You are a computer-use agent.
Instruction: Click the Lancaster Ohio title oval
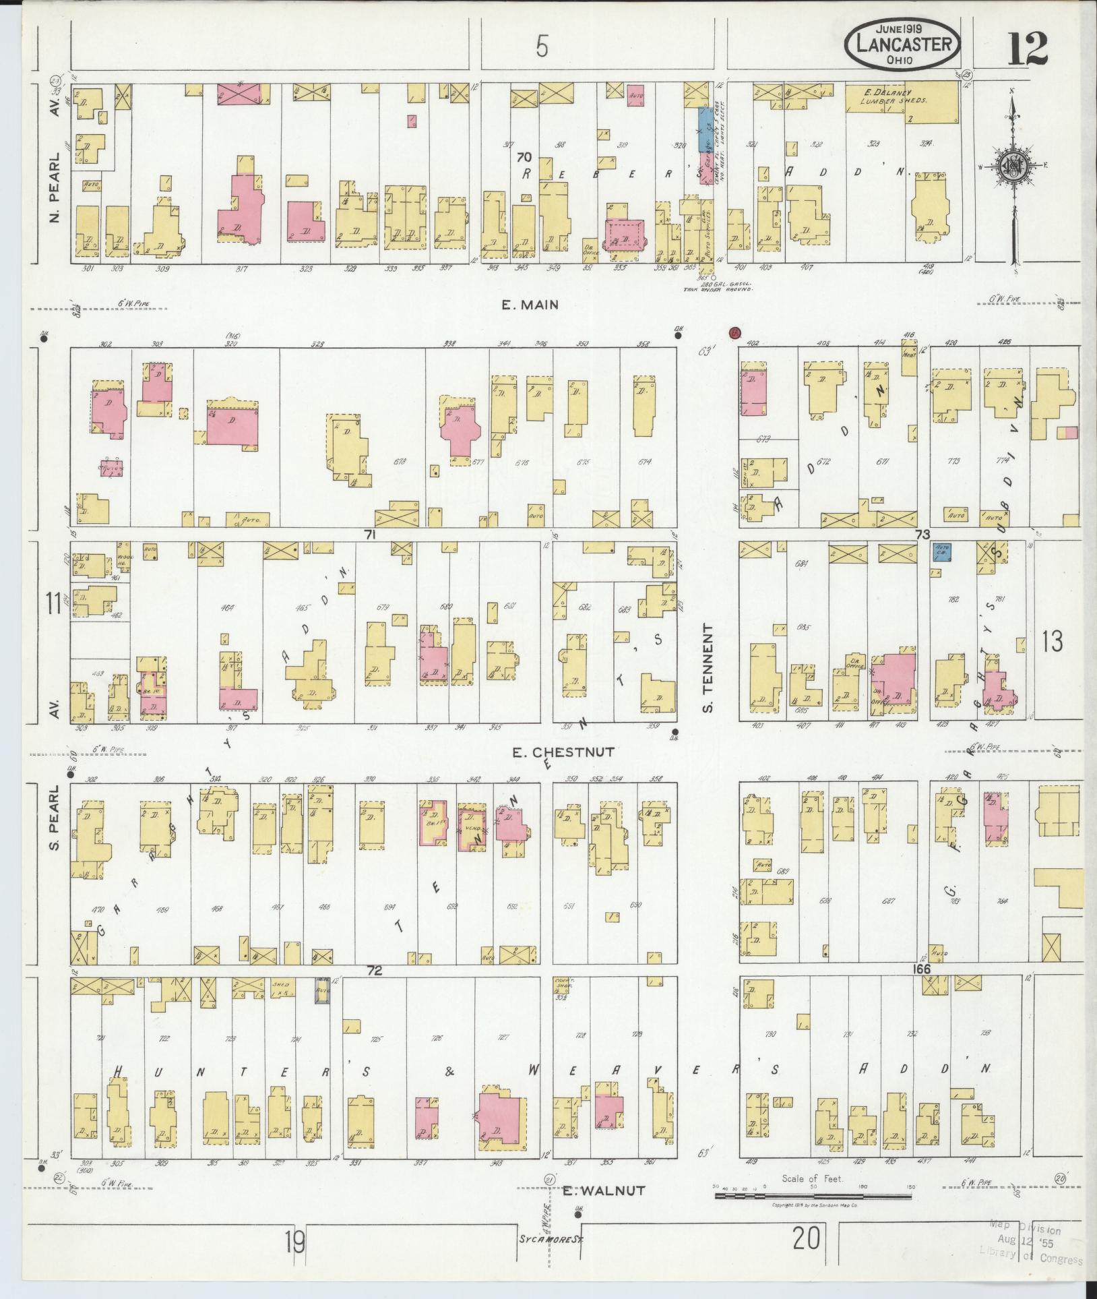(x=904, y=44)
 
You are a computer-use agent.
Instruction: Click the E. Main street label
(x=530, y=305)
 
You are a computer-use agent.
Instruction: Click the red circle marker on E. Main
(x=734, y=332)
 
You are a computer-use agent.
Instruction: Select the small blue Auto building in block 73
(x=943, y=552)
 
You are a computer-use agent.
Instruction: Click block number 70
(x=523, y=157)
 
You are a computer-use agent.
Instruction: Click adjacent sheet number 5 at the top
(x=542, y=47)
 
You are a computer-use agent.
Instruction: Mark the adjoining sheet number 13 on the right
(x=1053, y=641)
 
